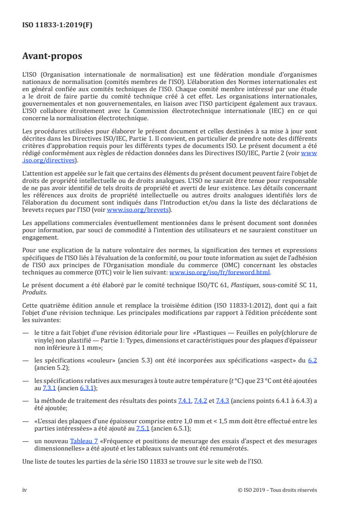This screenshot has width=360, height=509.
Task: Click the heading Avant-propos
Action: pyautogui.click(x=52, y=57)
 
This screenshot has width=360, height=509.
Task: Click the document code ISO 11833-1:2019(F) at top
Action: pyautogui.click(x=57, y=25)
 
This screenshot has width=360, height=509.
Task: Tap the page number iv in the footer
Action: pyautogui.click(x=25, y=490)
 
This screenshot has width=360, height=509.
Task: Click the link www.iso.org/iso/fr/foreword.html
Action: pyautogui.click(x=220, y=273)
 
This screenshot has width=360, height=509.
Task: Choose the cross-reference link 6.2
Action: pyautogui.click(x=312, y=361)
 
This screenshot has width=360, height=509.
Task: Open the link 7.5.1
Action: pyautogui.click(x=144, y=428)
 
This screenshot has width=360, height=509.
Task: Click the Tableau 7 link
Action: pyautogui.click(x=82, y=441)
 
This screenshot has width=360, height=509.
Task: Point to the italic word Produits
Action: pyautogui.click(x=34, y=292)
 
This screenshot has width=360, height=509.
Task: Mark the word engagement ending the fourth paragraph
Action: pyautogui.click(x=40, y=237)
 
